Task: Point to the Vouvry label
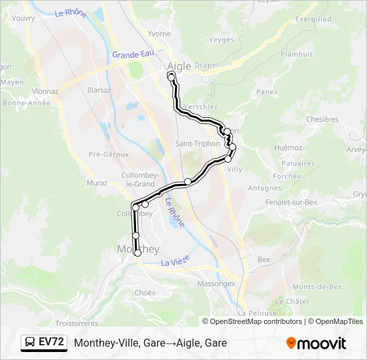click(23, 19)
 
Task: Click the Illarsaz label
click(99, 89)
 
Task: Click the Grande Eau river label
click(133, 55)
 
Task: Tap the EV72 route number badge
click(51, 342)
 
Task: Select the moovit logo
click(316, 343)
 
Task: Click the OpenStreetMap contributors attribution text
click(252, 321)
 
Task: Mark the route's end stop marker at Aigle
click(171, 77)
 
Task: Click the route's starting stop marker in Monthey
click(138, 253)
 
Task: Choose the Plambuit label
click(297, 54)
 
